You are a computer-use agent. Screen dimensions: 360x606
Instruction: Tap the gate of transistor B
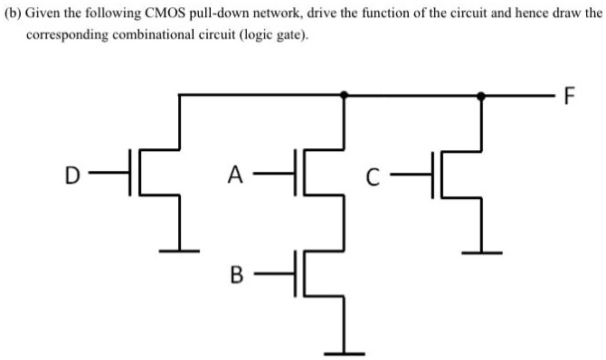point(295,272)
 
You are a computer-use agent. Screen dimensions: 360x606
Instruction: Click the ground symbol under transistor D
point(183,250)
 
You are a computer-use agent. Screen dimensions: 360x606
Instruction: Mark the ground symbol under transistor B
point(344,352)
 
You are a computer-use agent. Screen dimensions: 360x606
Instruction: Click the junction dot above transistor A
point(344,94)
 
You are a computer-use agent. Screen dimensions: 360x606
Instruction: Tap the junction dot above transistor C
point(481,94)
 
